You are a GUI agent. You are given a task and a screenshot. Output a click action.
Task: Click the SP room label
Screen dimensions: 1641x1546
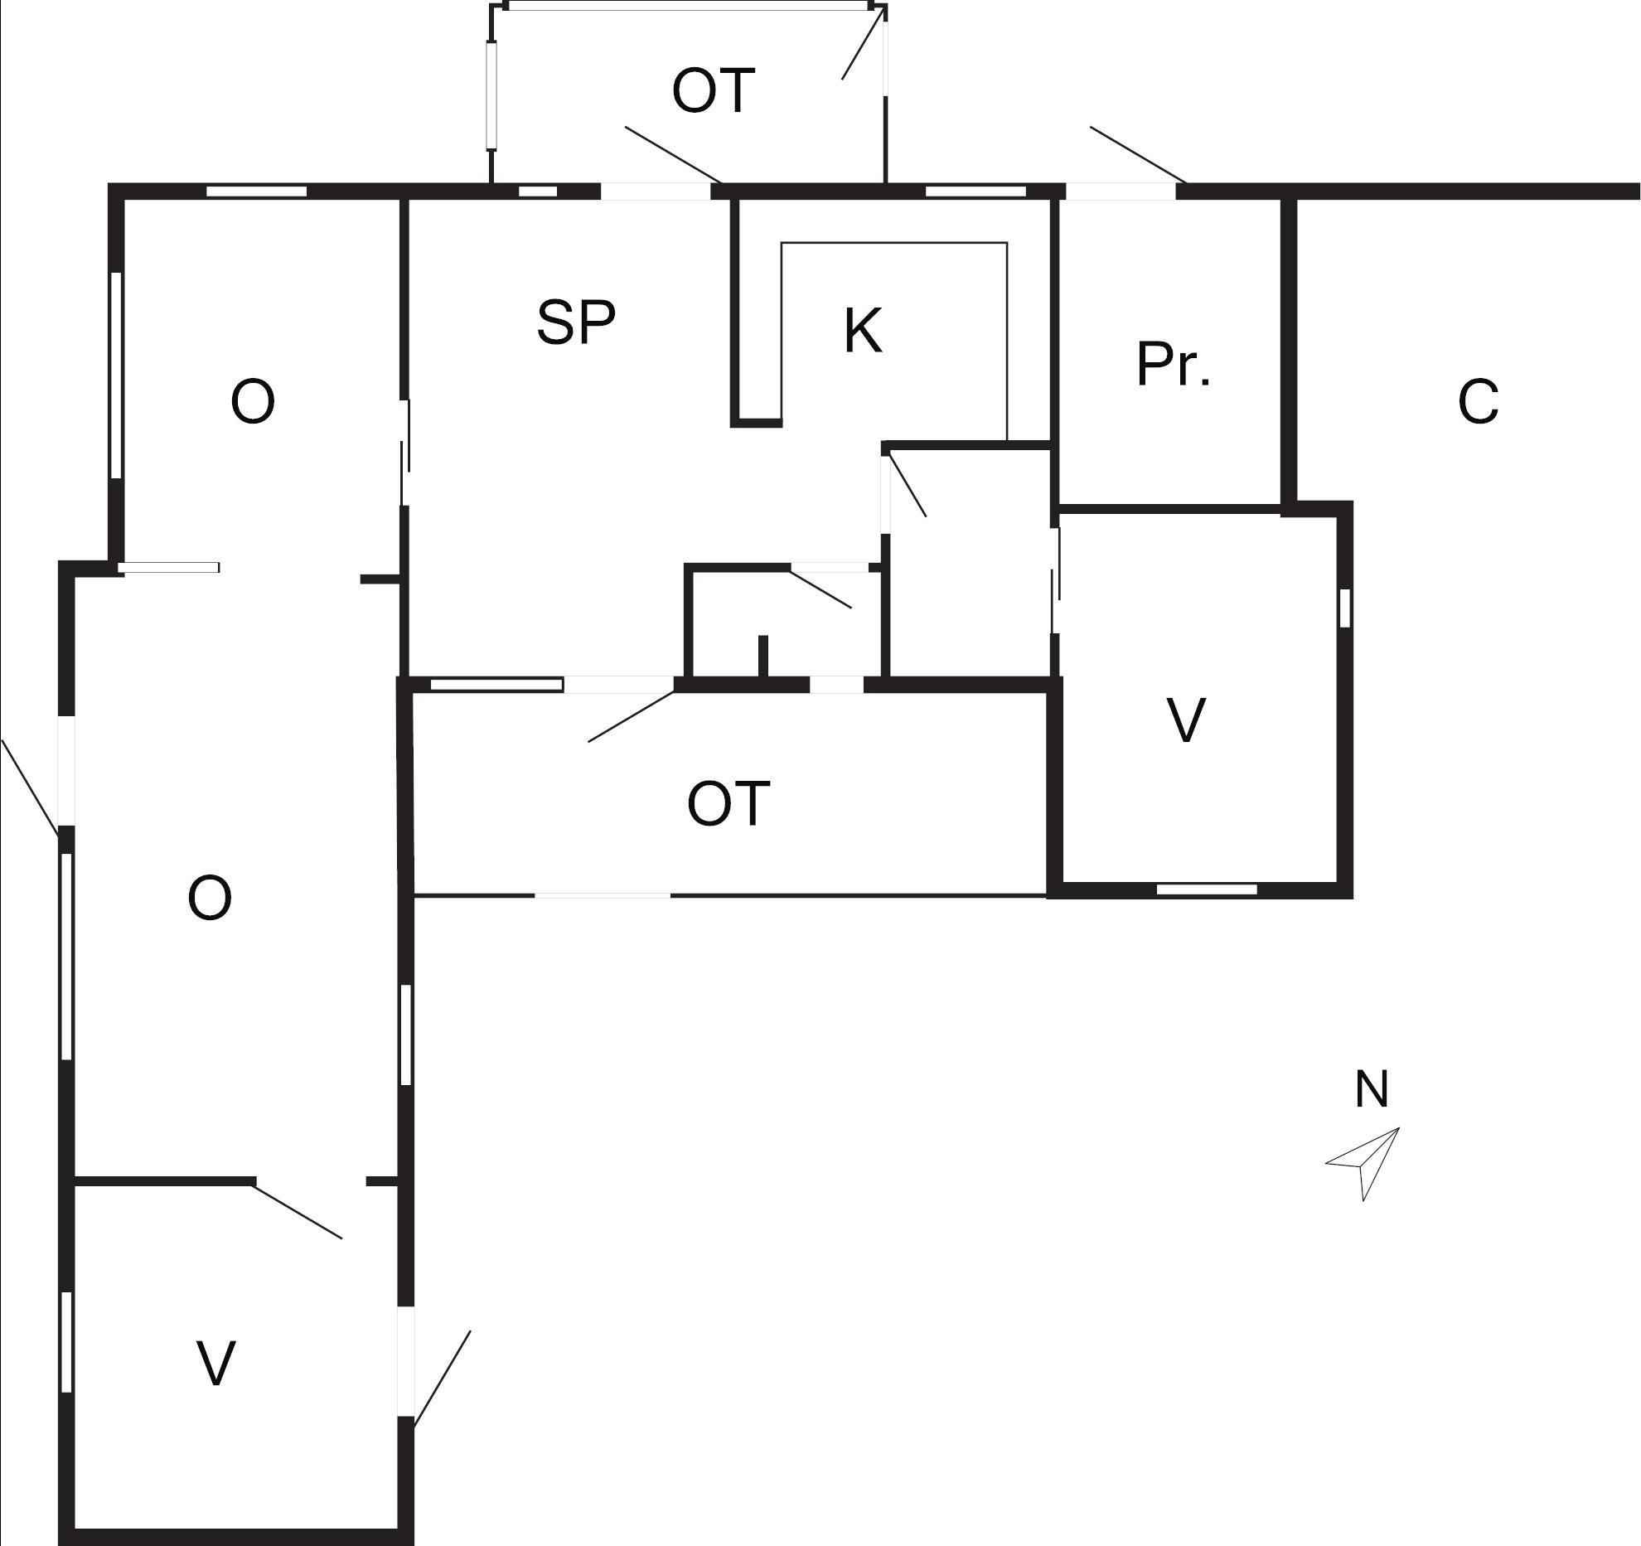[x=576, y=322]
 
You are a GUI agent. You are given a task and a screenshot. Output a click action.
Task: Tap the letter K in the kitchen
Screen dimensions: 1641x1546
[x=863, y=331]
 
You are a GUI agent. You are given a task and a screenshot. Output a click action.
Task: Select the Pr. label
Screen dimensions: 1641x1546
[x=1174, y=365]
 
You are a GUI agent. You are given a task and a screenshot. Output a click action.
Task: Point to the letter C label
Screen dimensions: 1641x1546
[x=1479, y=402]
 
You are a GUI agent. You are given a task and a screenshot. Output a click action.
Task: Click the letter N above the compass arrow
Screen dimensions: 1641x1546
[x=1372, y=1089]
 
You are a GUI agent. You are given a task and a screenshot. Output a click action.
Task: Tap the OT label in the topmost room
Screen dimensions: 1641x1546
[x=714, y=90]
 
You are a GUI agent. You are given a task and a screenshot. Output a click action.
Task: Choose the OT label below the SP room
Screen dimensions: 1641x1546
[x=729, y=802]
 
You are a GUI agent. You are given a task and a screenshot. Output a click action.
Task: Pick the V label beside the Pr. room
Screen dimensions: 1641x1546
[x=1186, y=720]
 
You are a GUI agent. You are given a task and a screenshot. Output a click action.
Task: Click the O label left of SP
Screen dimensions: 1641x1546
[x=253, y=402]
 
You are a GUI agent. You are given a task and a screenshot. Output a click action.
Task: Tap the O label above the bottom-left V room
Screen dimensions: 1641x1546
[x=210, y=898]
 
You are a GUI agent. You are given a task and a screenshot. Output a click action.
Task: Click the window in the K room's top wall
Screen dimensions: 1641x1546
[x=975, y=191]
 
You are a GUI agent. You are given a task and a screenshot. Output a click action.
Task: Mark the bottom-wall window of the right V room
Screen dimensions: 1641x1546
[x=1207, y=889]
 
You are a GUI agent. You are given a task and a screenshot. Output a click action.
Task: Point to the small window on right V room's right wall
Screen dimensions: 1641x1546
[x=1345, y=608]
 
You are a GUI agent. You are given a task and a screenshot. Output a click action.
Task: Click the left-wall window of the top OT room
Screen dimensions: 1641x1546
[x=491, y=95]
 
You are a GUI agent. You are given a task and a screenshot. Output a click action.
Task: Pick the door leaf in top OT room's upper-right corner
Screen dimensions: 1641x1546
[x=863, y=43]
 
